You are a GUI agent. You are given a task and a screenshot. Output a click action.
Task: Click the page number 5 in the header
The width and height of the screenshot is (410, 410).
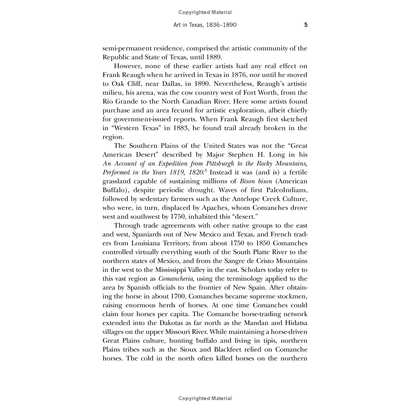click(306, 25)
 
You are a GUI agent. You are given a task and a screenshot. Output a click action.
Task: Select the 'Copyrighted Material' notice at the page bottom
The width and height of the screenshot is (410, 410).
click(205, 398)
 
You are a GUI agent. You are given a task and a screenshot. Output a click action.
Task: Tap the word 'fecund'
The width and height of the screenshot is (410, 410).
click(188, 110)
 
